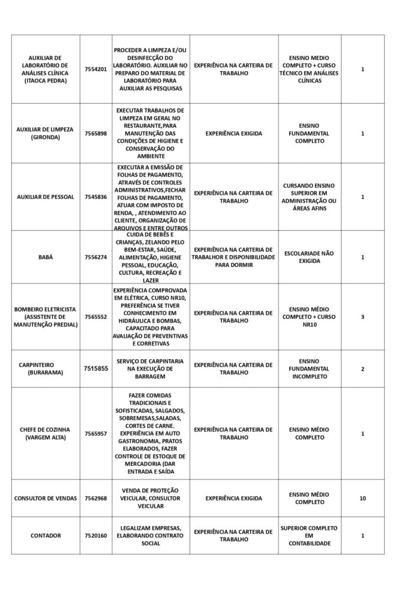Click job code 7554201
click(96, 69)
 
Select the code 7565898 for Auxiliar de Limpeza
click(96, 133)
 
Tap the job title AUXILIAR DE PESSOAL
click(46, 196)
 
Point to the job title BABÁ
click(46, 257)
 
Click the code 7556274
click(96, 257)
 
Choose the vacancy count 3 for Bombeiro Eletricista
click(362, 317)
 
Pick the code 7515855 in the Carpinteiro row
click(96, 368)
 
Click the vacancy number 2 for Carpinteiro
click(362, 369)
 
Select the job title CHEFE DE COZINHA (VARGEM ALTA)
click(46, 433)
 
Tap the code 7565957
click(96, 433)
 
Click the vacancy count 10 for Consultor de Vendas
click(362, 498)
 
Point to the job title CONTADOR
click(46, 536)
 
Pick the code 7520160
click(96, 536)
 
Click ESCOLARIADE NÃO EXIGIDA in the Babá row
click(309, 257)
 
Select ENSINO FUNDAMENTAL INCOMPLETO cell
click(309, 368)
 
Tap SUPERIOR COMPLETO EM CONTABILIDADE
click(309, 536)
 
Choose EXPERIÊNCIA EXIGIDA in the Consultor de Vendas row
click(233, 498)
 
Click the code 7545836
click(96, 196)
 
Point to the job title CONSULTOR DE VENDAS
click(46, 498)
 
